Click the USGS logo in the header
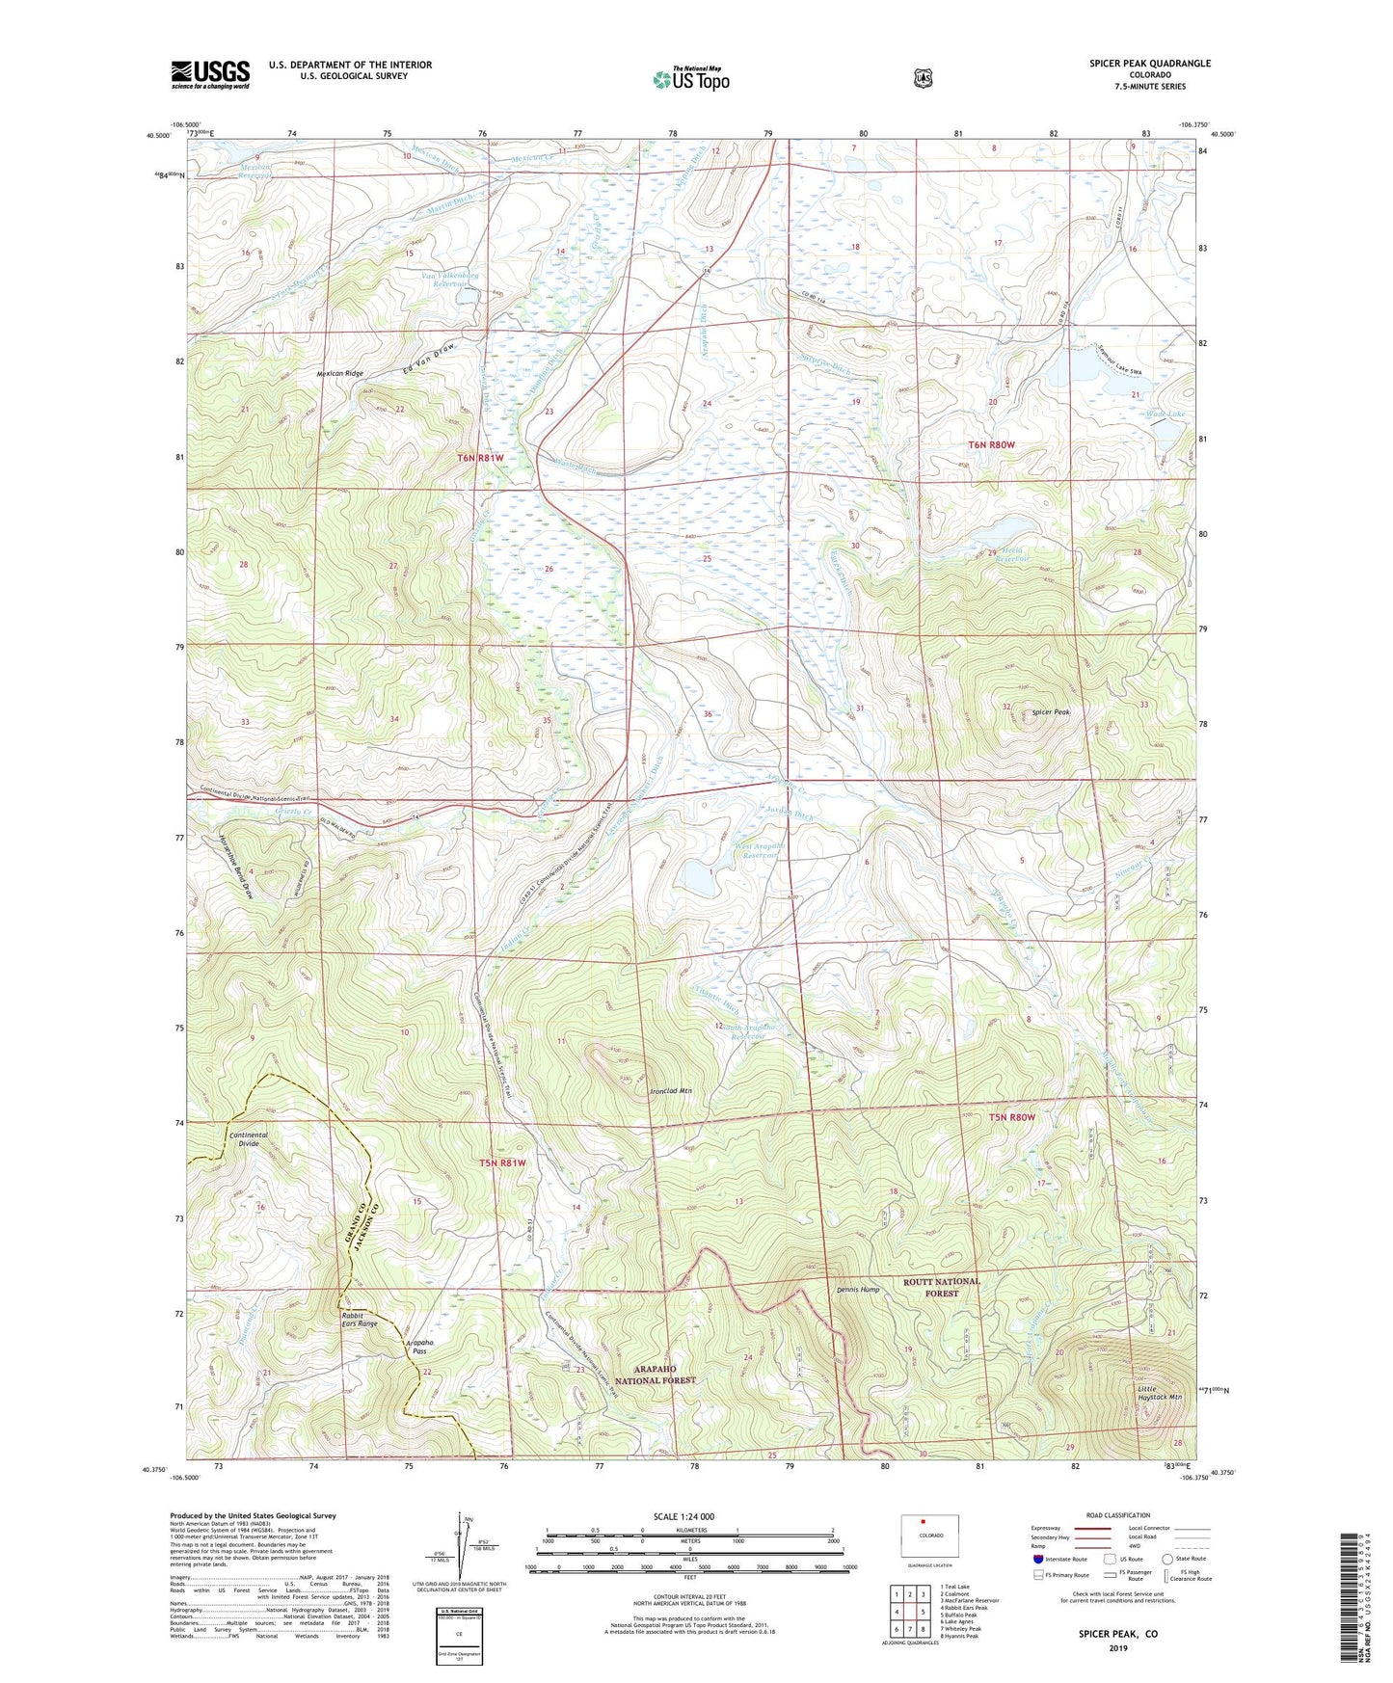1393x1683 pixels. tap(210, 74)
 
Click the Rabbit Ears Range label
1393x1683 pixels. tap(359, 1319)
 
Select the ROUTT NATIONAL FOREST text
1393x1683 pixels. tap(941, 1287)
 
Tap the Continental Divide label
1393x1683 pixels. tap(249, 1139)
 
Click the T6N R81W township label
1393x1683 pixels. tap(479, 458)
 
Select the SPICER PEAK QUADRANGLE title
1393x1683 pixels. tap(1149, 64)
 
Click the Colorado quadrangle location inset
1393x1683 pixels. tap(930, 1537)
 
